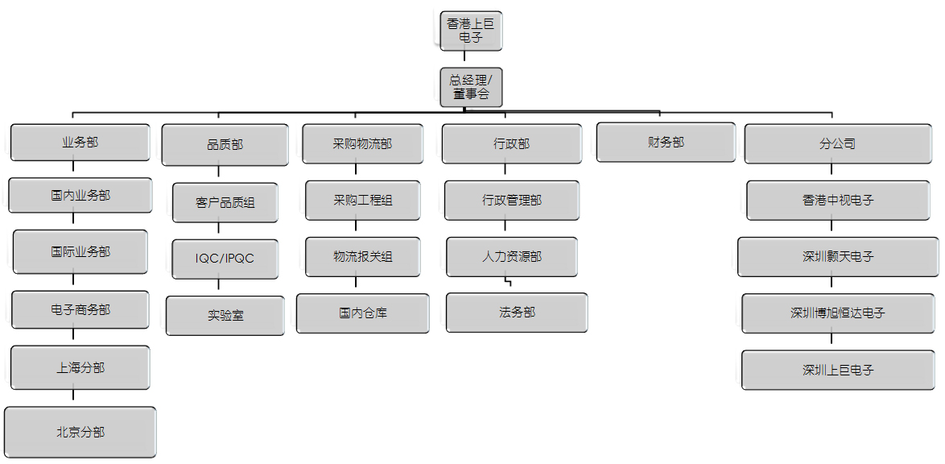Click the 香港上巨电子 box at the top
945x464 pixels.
472,31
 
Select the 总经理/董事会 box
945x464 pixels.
472,87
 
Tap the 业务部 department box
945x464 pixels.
80,143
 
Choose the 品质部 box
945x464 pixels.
225,145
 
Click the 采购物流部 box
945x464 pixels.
362,144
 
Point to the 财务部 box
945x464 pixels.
666,143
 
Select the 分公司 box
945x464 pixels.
837,144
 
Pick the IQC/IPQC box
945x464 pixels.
225,259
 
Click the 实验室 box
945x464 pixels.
225,316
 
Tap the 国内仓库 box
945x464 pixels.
362,313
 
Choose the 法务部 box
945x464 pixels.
517,312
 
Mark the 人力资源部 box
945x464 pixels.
511,257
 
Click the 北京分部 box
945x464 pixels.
80,432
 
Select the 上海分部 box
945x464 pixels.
80,367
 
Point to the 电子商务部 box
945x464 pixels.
80,309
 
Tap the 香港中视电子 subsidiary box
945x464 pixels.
838,200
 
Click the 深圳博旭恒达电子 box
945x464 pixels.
838,313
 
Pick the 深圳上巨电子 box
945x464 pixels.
838,370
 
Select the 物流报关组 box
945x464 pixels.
362,257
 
